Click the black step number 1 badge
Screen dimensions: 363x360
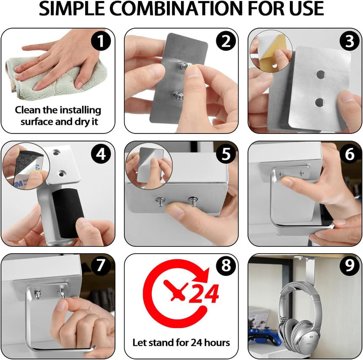pyautogui.click(x=101, y=41)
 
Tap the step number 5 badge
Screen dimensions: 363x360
pyautogui.click(x=226, y=154)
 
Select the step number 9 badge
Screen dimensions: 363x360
pyautogui.click(x=350, y=265)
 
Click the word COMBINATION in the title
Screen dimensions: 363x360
pyautogui.click(x=176, y=9)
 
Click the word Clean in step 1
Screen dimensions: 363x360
pyautogui.click(x=28, y=110)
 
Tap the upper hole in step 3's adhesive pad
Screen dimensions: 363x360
pyautogui.click(x=321, y=75)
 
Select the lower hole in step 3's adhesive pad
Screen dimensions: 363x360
pyautogui.click(x=320, y=102)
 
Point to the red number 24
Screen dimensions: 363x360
pyautogui.click(x=204, y=294)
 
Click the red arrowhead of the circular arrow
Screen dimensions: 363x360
pyautogui.click(x=201, y=275)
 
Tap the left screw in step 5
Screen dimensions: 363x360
pyautogui.click(x=160, y=201)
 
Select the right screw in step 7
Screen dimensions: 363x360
pyautogui.click(x=61, y=293)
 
